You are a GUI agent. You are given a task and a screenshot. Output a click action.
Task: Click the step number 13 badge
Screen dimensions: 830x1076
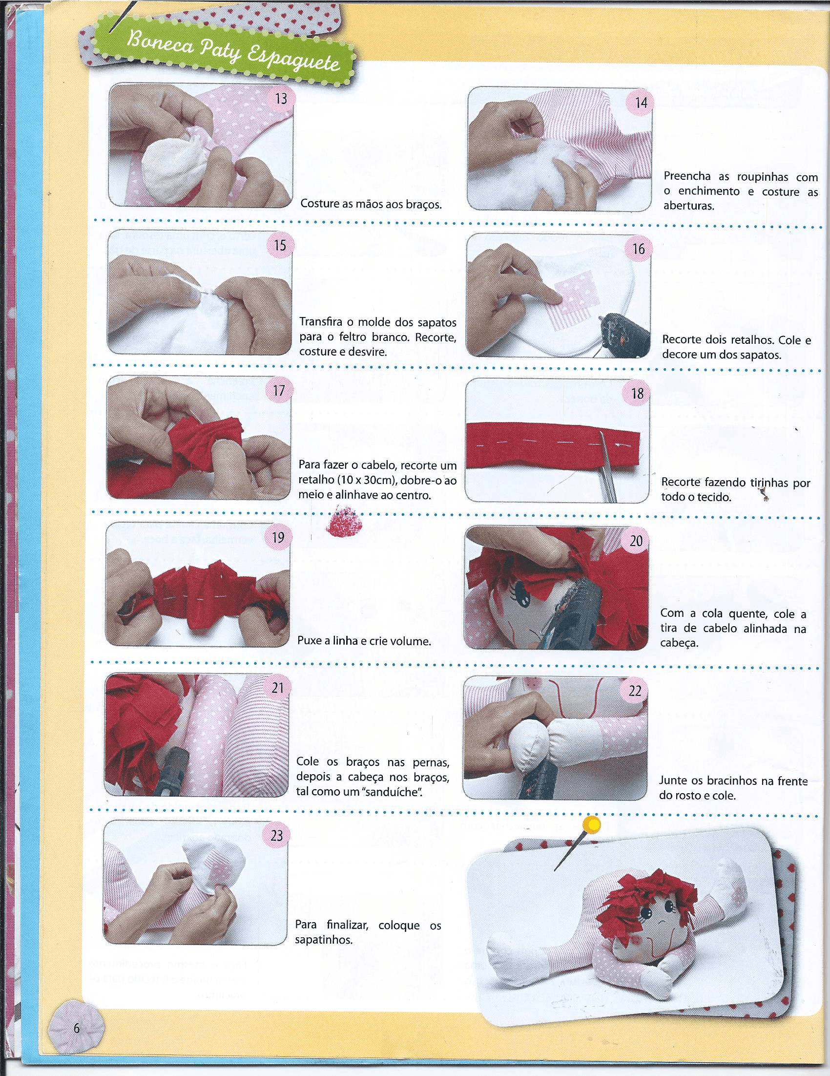(281, 99)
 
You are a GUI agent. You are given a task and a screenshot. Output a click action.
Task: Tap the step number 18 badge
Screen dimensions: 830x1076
(637, 394)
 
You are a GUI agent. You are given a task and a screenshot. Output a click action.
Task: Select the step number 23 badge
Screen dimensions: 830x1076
(277, 835)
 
